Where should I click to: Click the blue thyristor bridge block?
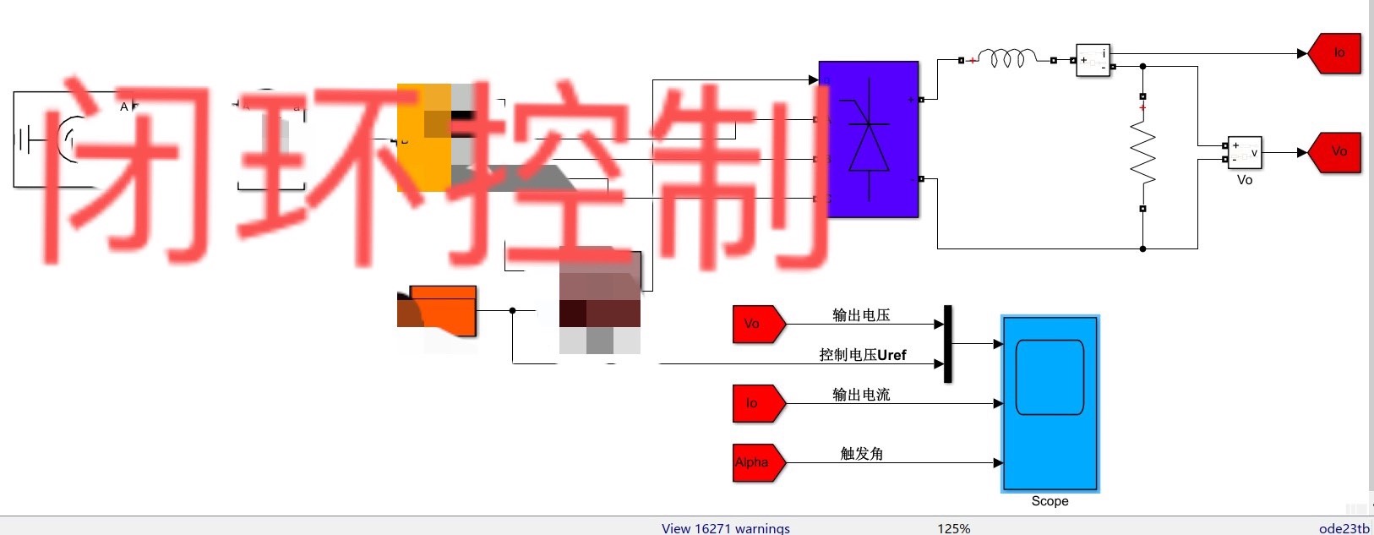pos(869,139)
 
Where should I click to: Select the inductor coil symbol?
pos(1006,59)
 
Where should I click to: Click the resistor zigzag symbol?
pos(1142,152)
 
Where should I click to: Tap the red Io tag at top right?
pos(1337,53)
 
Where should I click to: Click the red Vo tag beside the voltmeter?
pos(1337,152)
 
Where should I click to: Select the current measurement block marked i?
pos(1093,60)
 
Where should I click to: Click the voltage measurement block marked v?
pos(1245,153)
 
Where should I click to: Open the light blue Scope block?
pos(1050,403)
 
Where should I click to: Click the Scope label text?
pos(1050,501)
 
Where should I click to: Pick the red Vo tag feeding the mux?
pos(757,324)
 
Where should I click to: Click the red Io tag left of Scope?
pos(757,403)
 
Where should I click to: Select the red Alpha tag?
pos(757,462)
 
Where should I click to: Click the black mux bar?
pos(947,344)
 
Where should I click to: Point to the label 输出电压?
pos(861,315)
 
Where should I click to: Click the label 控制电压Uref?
pos(862,355)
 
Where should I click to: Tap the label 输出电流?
pos(861,395)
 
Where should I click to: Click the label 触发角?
pos(861,454)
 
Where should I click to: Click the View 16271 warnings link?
pos(725,528)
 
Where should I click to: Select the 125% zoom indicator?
pos(953,528)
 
